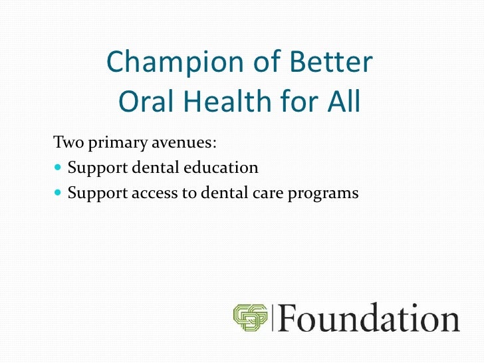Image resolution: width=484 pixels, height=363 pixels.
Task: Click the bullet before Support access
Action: click(57, 194)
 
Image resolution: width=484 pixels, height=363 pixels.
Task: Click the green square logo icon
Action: click(251, 317)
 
